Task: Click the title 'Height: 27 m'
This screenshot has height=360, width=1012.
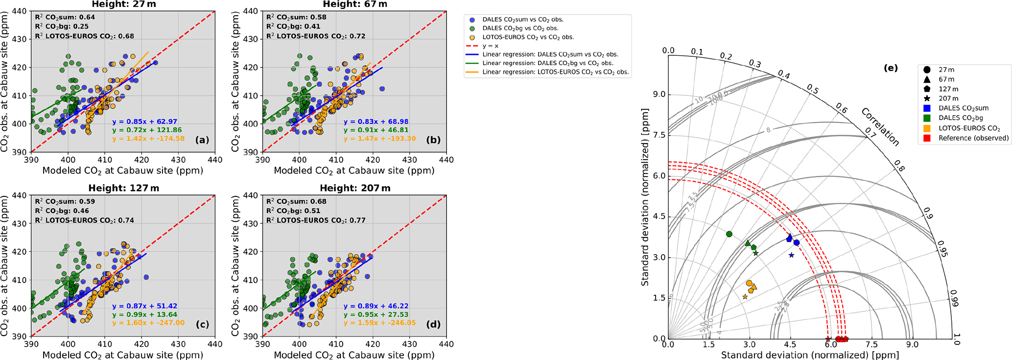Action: (123, 4)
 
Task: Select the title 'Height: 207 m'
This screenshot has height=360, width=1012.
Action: (355, 189)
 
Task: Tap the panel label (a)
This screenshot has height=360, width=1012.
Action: (202, 140)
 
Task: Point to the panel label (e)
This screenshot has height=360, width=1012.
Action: (891, 68)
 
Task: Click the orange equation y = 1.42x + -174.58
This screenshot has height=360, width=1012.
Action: (148, 139)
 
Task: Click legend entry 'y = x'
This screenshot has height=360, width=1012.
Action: (491, 46)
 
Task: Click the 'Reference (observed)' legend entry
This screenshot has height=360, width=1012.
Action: (973, 138)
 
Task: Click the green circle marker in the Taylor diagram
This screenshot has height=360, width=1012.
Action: (729, 234)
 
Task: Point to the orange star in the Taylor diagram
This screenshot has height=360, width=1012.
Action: (745, 297)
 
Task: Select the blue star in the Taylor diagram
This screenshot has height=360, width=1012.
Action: (791, 255)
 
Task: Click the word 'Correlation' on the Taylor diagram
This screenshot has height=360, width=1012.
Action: (880, 127)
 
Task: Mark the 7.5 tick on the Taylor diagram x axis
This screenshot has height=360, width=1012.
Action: (871, 345)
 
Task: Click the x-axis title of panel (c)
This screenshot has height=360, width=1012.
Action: (122, 355)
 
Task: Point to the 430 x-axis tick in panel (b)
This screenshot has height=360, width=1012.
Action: (409, 160)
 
